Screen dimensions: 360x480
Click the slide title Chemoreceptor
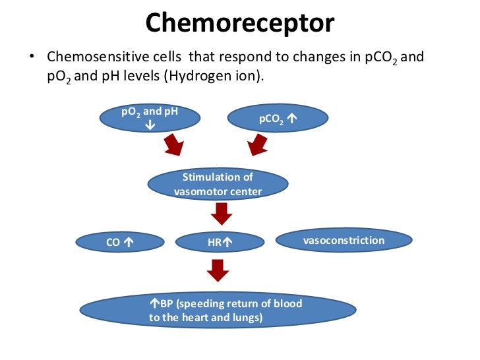pyautogui.click(x=240, y=23)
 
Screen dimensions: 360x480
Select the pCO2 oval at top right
pyautogui.click(x=278, y=119)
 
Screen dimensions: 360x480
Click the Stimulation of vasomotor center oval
pyautogui.click(x=217, y=185)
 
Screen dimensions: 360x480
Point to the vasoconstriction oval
pyautogui.click(x=343, y=241)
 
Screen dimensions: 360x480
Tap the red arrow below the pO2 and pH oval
pyautogui.click(x=175, y=146)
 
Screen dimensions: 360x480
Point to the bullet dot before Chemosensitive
pyautogui.click(x=30, y=58)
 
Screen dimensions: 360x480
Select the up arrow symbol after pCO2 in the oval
pyautogui.click(x=292, y=120)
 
